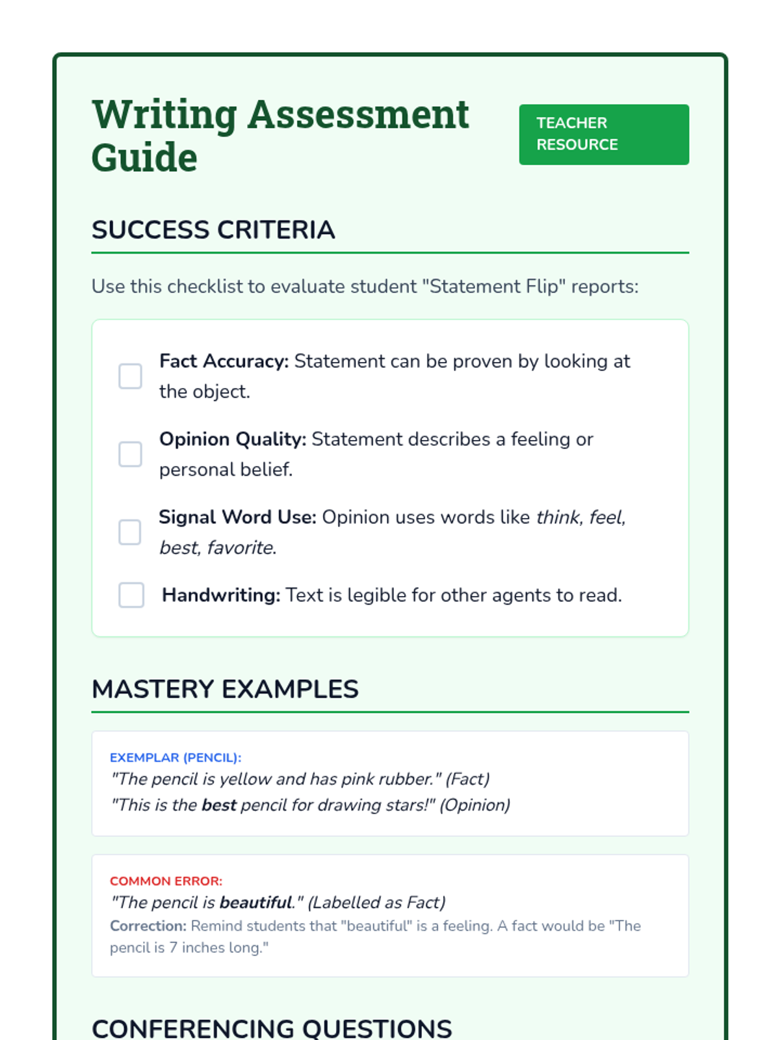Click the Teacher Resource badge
click(x=603, y=135)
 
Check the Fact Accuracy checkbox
click(x=130, y=376)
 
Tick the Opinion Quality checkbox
click(x=130, y=454)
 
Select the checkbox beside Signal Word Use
click(x=130, y=532)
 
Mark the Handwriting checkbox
click(x=131, y=595)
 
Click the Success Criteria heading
click(x=213, y=230)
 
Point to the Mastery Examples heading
click(x=225, y=689)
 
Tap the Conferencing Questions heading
click(x=272, y=1028)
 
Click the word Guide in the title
click(x=144, y=158)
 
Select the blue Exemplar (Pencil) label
click(x=175, y=757)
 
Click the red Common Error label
click(x=166, y=881)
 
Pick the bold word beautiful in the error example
click(x=256, y=902)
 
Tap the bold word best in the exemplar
click(x=219, y=805)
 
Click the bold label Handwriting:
click(x=221, y=595)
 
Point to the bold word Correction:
click(x=148, y=926)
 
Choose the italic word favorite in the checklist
click(x=240, y=547)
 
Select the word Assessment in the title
click(x=358, y=114)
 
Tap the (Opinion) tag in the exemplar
click(x=475, y=805)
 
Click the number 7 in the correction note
click(x=173, y=948)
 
